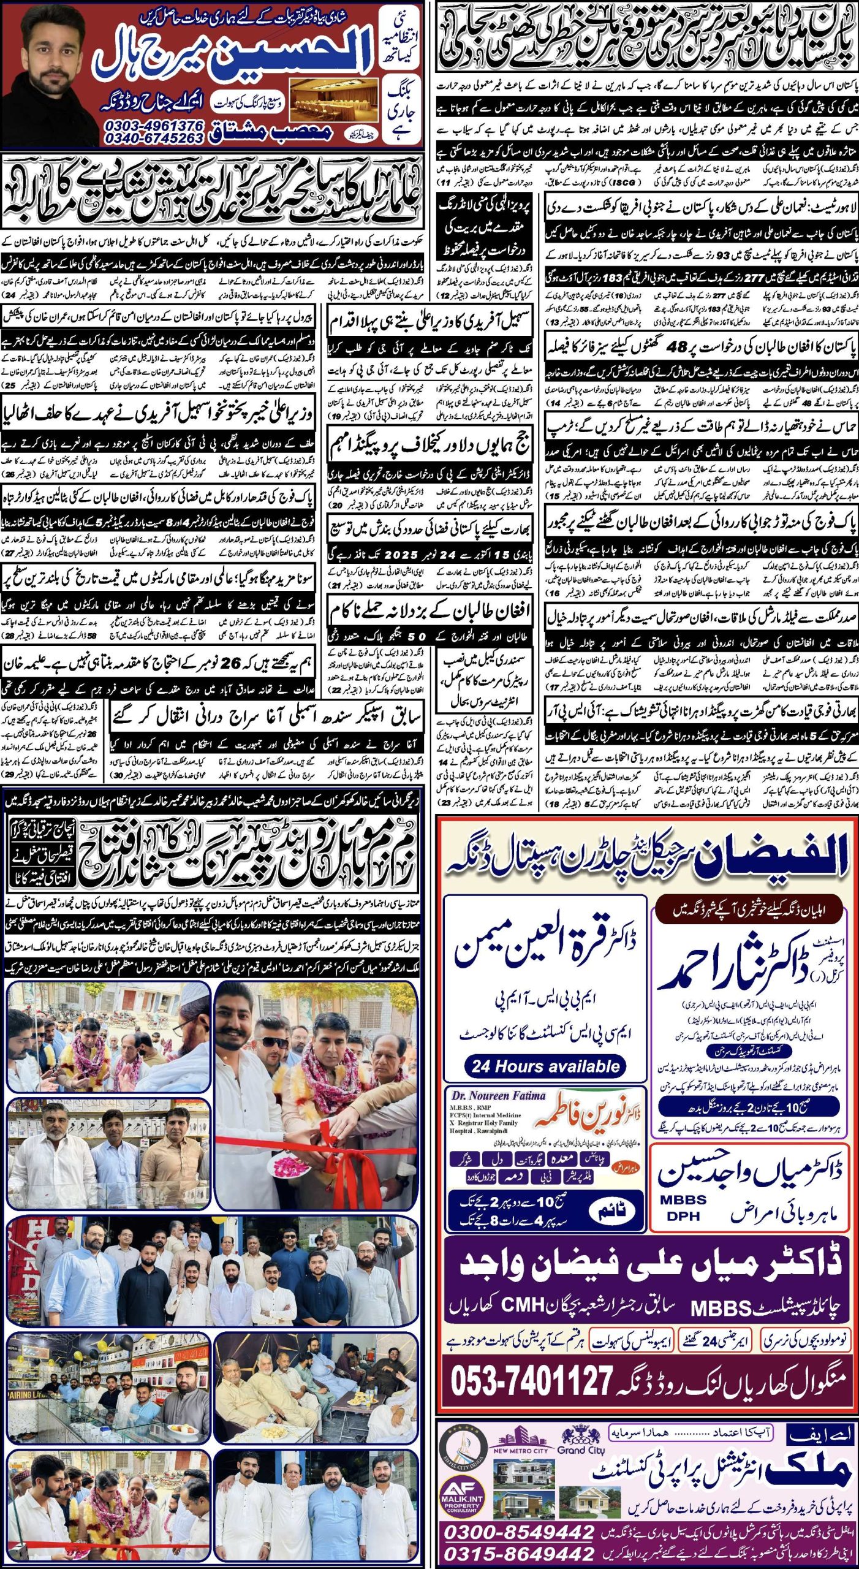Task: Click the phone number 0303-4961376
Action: (154, 125)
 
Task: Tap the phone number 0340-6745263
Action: (154, 139)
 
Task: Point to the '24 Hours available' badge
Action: (545, 1066)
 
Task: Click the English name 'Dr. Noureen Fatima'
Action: (498, 1096)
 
